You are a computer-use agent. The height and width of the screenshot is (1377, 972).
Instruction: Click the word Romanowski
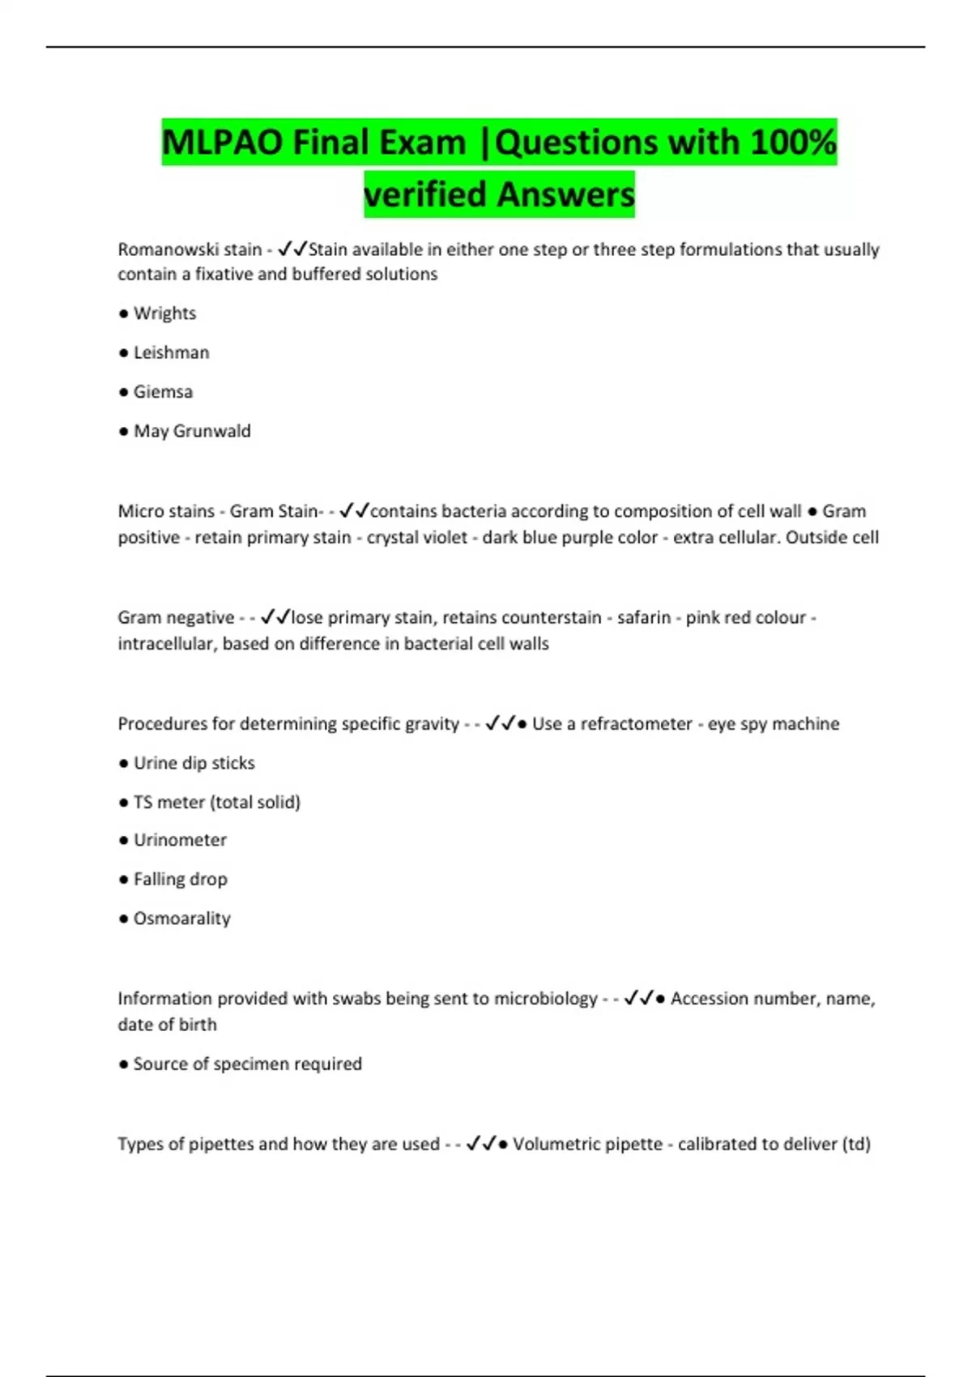point(160,249)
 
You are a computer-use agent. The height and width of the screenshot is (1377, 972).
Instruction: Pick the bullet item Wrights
point(164,313)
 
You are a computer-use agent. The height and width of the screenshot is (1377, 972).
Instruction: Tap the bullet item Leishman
point(171,352)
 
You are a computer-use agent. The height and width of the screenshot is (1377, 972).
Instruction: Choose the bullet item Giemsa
point(163,392)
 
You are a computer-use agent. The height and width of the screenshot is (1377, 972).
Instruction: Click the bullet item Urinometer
point(180,840)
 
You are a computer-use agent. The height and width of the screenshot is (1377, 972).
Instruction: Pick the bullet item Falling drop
point(180,879)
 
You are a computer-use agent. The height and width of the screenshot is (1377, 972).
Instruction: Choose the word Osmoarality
point(181,919)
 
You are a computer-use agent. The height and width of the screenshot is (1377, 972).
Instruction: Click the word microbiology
point(545,998)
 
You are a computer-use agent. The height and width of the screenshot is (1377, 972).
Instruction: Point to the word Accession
point(708,998)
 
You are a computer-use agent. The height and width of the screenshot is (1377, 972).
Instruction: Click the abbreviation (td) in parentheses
point(856,1144)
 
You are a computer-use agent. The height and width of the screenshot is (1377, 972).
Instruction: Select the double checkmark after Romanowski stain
point(292,249)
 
